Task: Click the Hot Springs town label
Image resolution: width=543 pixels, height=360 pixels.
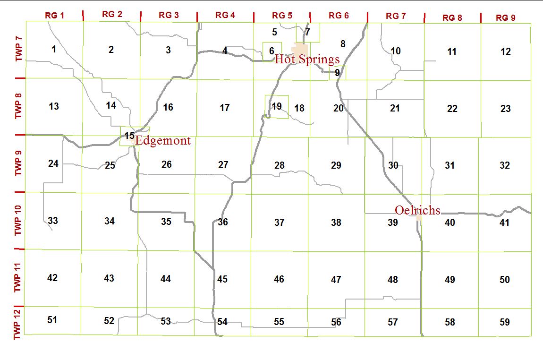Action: [307, 60]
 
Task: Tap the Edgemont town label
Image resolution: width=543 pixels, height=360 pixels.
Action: [163, 140]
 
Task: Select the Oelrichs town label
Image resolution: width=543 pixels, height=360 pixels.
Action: [417, 210]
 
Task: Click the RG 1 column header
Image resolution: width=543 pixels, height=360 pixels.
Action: [54, 15]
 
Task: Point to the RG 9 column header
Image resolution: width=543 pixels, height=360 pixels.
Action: [505, 18]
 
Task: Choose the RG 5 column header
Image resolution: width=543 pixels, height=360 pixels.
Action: [282, 15]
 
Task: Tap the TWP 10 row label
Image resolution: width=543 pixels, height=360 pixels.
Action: [18, 221]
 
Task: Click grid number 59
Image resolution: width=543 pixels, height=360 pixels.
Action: [505, 322]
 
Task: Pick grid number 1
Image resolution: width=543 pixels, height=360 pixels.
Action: [54, 49]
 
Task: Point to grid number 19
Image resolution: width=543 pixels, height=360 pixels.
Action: [277, 106]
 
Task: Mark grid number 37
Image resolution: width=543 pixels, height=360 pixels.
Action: [280, 222]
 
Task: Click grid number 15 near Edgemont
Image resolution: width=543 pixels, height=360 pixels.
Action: [129, 136]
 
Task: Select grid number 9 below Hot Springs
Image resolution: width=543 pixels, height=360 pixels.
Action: [337, 73]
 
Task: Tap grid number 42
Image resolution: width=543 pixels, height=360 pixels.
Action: [52, 278]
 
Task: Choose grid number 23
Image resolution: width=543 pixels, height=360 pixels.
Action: [506, 109]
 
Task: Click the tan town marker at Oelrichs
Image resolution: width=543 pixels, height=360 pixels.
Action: [419, 218]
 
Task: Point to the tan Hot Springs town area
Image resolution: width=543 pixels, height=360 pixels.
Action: [300, 49]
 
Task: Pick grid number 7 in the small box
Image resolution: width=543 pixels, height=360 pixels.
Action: [307, 33]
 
